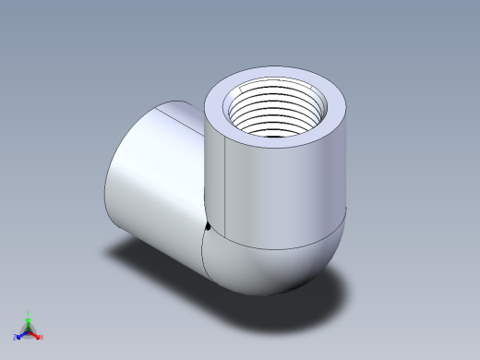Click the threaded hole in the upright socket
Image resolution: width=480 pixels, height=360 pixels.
(x=275, y=111)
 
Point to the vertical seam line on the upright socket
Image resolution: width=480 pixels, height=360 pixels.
(x=226, y=175)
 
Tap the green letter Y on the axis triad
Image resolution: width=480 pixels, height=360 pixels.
(x=30, y=313)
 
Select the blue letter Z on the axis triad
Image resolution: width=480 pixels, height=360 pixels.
(x=16, y=337)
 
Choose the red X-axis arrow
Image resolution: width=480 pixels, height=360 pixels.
(x=35, y=332)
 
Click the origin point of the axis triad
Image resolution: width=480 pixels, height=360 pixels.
(x=29, y=330)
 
